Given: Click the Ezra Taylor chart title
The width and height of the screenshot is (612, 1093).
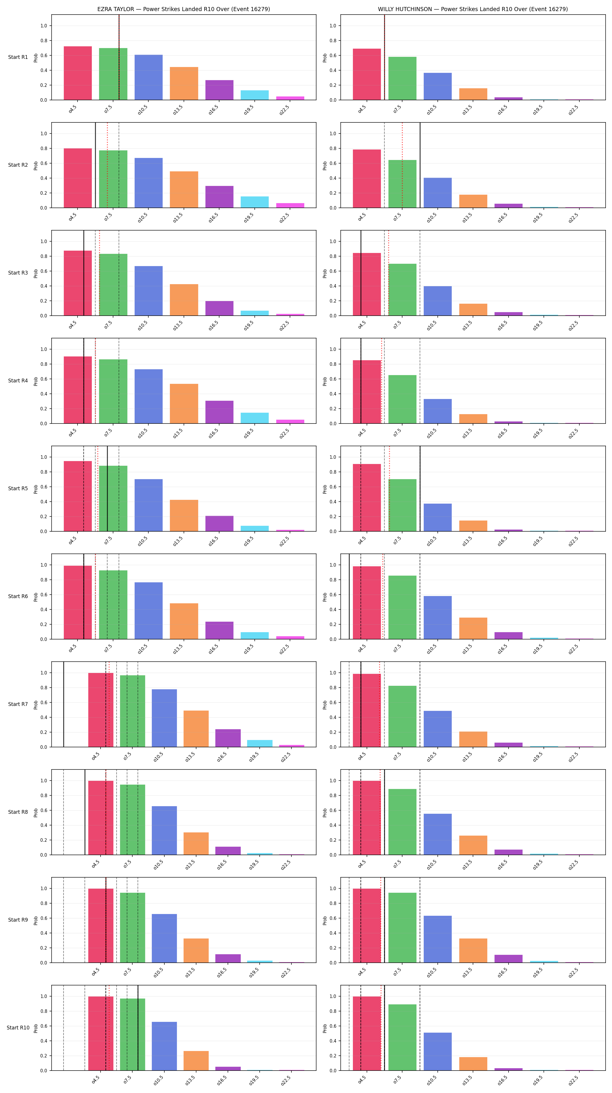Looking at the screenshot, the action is tap(184, 9).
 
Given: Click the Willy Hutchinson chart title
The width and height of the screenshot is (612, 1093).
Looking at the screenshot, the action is tap(473, 9).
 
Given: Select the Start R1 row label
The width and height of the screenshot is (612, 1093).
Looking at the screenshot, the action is tap(18, 57).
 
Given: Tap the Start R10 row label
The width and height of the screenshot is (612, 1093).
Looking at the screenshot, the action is tap(18, 1028).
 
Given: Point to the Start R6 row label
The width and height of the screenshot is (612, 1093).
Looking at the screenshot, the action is tap(18, 596).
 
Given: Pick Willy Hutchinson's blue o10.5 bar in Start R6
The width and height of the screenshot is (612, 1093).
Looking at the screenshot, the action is tap(438, 617).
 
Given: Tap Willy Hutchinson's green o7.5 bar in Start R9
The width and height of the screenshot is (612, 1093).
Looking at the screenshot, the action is tap(402, 927).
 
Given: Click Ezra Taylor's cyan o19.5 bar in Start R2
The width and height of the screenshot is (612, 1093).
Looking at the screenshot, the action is tap(254, 202).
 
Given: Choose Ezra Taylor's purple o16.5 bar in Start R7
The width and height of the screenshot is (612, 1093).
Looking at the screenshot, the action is tap(228, 738).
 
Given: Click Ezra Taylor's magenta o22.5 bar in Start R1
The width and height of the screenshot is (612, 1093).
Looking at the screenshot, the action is tap(290, 98).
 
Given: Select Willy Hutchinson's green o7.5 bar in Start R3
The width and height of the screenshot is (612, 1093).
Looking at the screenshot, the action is tap(402, 290).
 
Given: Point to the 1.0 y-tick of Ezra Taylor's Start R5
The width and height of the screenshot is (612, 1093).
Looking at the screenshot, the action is tap(44, 457).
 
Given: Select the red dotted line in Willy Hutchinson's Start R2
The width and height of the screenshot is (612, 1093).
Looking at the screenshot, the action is tap(402, 165).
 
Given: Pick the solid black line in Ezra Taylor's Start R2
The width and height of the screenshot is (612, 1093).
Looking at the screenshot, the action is tap(95, 165).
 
